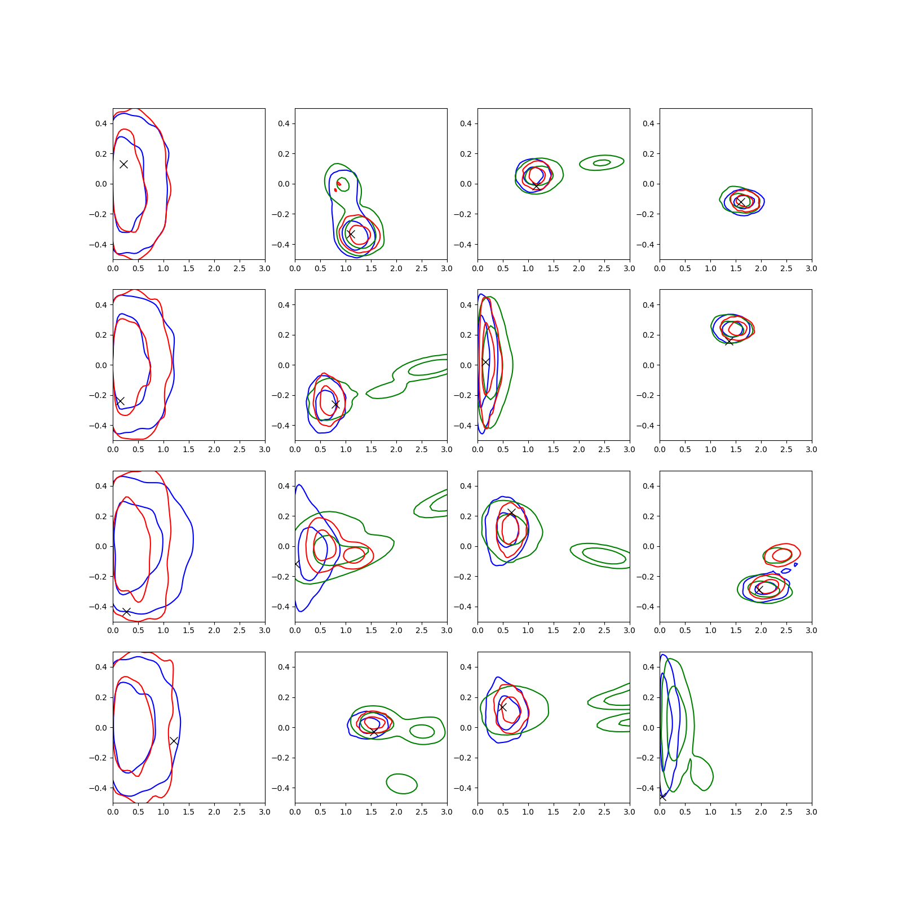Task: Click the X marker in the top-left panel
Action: tap(123, 164)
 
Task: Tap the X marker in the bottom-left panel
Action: tap(174, 741)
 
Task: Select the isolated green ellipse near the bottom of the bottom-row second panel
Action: tap(401, 784)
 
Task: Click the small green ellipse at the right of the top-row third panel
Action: tap(602, 163)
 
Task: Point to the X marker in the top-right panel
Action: tap(741, 201)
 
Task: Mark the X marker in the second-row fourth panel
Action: tap(729, 341)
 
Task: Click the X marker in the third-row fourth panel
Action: tap(759, 590)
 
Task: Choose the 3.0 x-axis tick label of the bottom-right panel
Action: tap(811, 812)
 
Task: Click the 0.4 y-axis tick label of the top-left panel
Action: tap(101, 123)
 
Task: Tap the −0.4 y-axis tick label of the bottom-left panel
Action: tap(98, 788)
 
